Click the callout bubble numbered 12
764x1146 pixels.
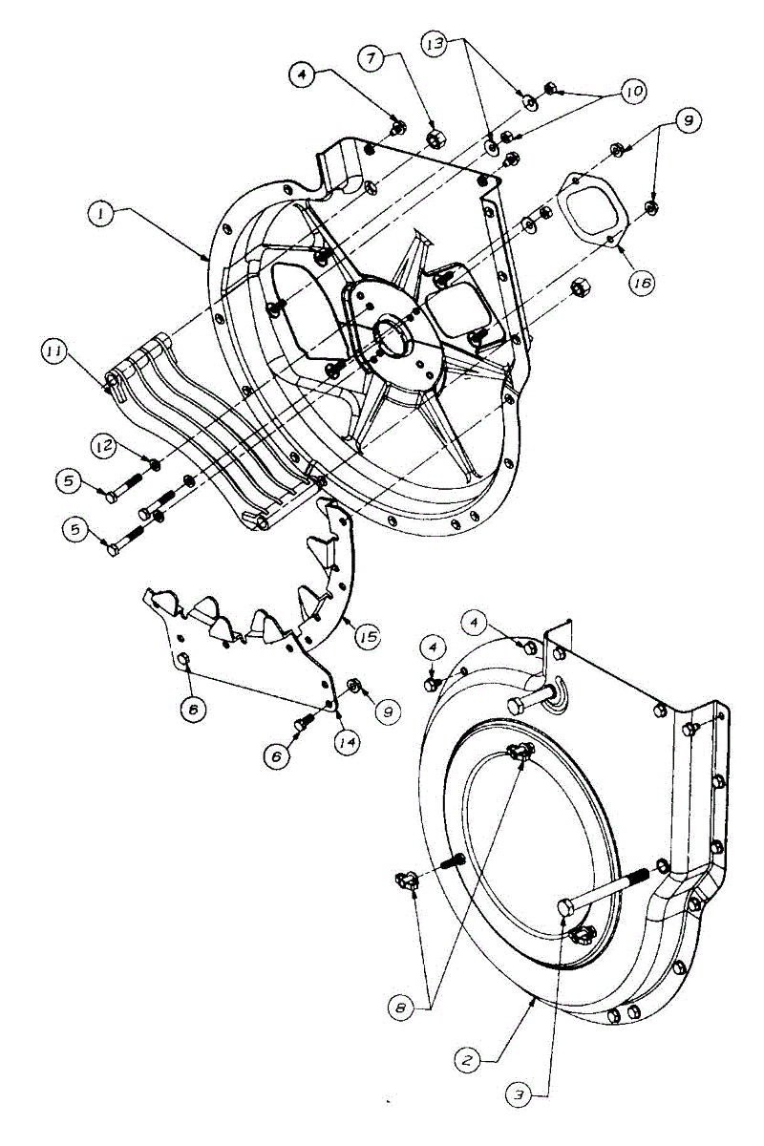pyautogui.click(x=104, y=444)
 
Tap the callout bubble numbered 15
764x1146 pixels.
pyautogui.click(x=367, y=634)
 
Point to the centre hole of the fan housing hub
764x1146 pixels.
pyautogui.click(x=393, y=335)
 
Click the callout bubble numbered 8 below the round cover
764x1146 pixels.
pyautogui.click(x=402, y=1006)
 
